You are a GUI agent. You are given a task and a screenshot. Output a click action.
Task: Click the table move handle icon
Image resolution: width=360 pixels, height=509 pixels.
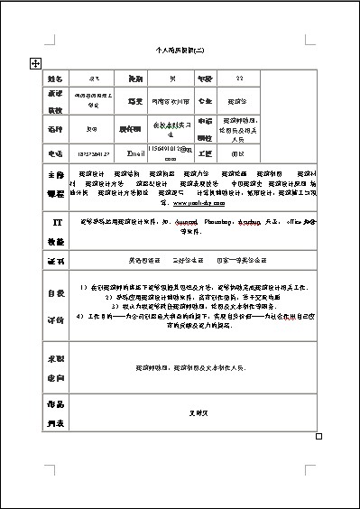tap(34, 62)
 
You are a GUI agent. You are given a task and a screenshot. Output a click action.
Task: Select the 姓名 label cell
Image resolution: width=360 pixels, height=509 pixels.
tap(56, 79)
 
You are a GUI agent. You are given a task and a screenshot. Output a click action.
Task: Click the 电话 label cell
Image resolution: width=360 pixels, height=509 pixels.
tap(56, 153)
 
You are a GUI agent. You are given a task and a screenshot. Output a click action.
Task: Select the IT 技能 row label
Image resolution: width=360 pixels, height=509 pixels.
tap(56, 230)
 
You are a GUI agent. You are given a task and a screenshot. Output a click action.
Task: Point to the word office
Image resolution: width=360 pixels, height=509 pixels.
tap(291, 219)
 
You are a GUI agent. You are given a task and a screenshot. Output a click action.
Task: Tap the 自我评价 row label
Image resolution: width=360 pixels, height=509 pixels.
tap(56, 306)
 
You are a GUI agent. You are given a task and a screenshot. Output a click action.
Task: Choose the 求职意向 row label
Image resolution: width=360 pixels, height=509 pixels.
tap(56, 367)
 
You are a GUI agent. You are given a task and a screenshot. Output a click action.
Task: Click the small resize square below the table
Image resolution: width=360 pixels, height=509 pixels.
tap(318, 436)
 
